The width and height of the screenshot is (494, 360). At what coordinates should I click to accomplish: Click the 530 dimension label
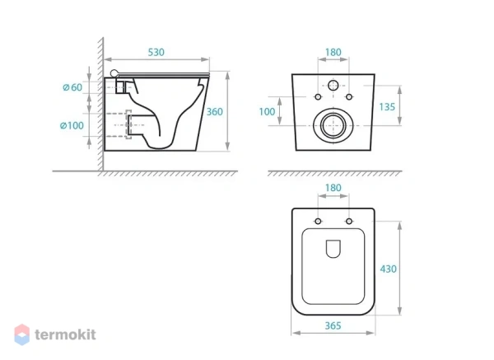coord(156,53)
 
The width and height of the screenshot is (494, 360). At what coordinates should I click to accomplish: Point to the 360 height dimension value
coord(215,111)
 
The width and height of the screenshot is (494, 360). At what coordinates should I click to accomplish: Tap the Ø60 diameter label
coord(72,87)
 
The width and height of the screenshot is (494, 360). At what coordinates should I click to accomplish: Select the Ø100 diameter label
coord(72,125)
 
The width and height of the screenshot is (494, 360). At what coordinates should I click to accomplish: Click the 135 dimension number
coord(387,107)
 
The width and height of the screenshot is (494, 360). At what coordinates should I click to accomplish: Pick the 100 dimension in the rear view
coord(267,111)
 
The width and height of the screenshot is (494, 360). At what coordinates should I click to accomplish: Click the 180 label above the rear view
coord(333,53)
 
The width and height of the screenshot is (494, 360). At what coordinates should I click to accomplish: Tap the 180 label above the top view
coord(333,188)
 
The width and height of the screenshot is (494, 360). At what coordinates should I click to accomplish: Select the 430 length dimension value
coord(388,269)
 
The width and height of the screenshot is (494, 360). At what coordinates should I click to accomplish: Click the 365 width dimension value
coord(333,325)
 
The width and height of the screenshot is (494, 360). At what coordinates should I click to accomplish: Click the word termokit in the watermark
coord(65,334)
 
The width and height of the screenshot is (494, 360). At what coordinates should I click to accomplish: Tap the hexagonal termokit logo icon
coord(22,334)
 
